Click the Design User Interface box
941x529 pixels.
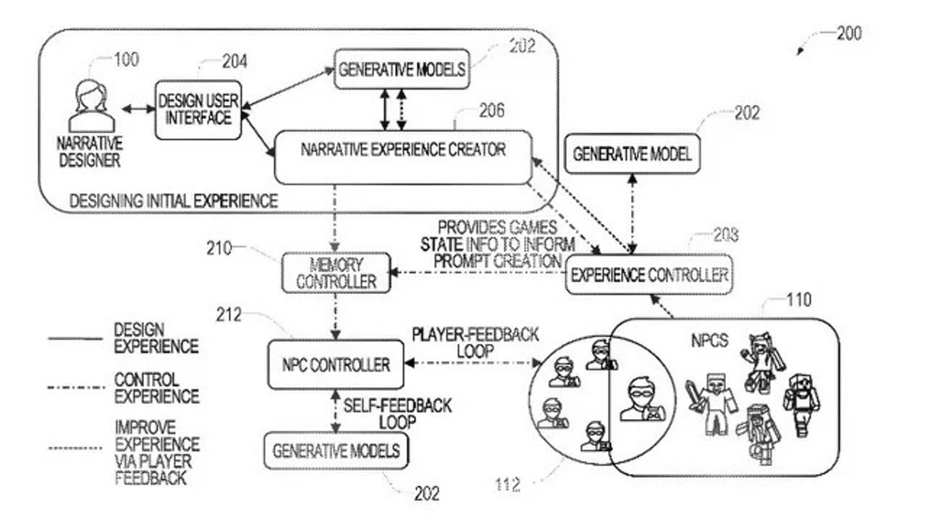point(198,110)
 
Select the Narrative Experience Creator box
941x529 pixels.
point(403,156)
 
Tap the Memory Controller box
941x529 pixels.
point(336,273)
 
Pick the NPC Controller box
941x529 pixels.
point(336,365)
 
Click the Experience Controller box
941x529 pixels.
point(649,274)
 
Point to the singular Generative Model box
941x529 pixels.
point(632,154)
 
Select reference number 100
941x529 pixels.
point(126,59)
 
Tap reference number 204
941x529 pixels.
point(234,61)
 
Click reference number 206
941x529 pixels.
point(491,111)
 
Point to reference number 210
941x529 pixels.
point(219,248)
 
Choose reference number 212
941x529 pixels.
point(228,315)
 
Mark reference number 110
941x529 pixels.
point(799,300)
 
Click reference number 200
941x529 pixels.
point(849,33)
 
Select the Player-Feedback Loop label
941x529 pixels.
point(475,343)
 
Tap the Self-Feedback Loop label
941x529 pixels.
point(398,413)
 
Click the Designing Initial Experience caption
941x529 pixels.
point(173,201)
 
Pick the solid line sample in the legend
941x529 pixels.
point(75,339)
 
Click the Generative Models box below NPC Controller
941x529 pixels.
point(336,451)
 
